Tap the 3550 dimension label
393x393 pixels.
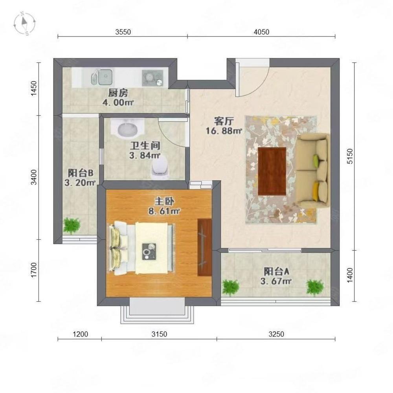tap(123, 32)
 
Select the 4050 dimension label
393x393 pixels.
tap(261, 32)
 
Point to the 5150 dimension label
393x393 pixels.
tap(350, 156)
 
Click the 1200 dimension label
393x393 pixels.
tap(81, 334)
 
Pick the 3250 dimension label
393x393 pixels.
tap(276, 334)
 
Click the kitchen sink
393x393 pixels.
tap(101, 77)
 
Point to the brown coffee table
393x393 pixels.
tap(272, 171)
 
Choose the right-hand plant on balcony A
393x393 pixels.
tap(314, 288)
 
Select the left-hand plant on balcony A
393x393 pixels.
tap(230, 288)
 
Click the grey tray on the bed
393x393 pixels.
tap(149, 252)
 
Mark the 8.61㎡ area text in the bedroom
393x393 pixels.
tap(164, 211)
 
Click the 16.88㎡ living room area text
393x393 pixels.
tap(224, 131)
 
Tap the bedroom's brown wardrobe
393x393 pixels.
tap(205, 247)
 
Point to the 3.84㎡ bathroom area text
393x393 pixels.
tap(145, 156)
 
